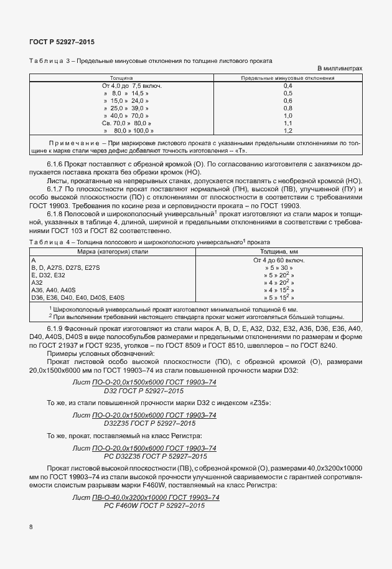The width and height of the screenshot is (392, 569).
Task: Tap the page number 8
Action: [31, 527]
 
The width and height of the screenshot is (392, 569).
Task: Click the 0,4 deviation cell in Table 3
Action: [287, 85]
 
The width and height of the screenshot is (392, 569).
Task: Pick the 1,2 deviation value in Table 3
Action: [287, 131]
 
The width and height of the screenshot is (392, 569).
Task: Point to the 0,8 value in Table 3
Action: [287, 108]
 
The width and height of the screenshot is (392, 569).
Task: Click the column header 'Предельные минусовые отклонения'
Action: [287, 78]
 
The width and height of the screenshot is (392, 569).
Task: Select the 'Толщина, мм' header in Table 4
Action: [287, 251]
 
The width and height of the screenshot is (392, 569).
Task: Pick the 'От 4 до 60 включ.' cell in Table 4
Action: [287, 259]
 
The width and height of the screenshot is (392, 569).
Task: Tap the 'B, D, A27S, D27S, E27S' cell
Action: [65, 267]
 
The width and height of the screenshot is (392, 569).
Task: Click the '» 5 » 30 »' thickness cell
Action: [287, 267]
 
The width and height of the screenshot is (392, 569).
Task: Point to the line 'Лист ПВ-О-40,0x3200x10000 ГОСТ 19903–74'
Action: [146, 497]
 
